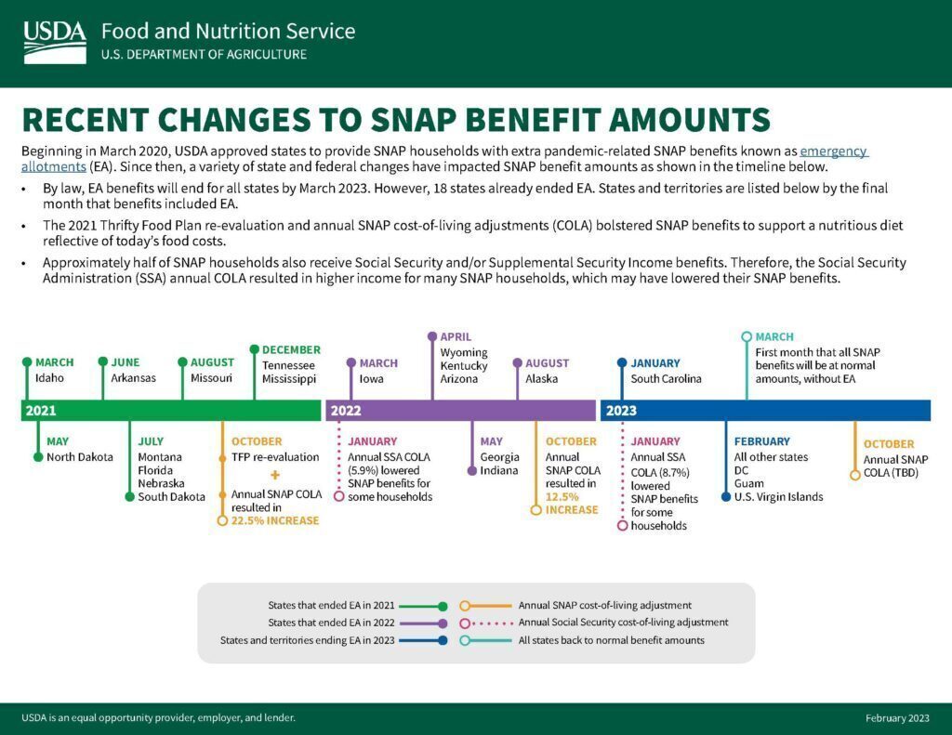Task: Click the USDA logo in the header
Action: (x=55, y=42)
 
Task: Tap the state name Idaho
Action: (x=49, y=378)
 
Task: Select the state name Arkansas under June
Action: (x=133, y=378)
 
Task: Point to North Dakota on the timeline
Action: (x=80, y=457)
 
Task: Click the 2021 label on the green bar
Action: (x=41, y=411)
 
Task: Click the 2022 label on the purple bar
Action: (x=346, y=411)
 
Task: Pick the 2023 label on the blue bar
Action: (x=621, y=411)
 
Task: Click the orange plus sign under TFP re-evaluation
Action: (x=275, y=475)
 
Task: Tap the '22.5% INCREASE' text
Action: (x=275, y=520)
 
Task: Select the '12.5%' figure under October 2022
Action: (x=562, y=497)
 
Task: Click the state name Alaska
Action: (x=541, y=379)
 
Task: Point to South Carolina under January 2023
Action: (x=666, y=379)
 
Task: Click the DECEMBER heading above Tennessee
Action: (x=291, y=350)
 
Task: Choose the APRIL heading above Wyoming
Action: (x=456, y=337)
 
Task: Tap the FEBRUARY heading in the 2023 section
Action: (x=762, y=442)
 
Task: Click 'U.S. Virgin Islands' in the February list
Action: (x=778, y=497)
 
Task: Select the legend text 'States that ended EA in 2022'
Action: (x=331, y=623)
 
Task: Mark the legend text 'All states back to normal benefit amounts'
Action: (x=612, y=640)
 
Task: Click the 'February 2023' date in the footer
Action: (x=897, y=718)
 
